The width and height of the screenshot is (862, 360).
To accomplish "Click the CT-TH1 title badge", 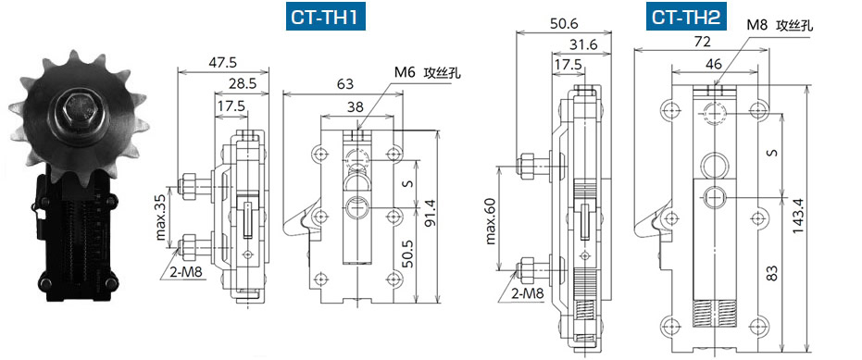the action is (326, 17).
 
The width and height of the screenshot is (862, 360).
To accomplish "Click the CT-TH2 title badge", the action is (686, 17).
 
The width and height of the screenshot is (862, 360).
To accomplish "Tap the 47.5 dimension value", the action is (223, 62).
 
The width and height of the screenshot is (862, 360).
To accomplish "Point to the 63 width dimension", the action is (344, 84).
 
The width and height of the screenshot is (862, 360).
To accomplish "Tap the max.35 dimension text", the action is (161, 217).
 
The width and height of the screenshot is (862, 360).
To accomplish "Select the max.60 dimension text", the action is (491, 218).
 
